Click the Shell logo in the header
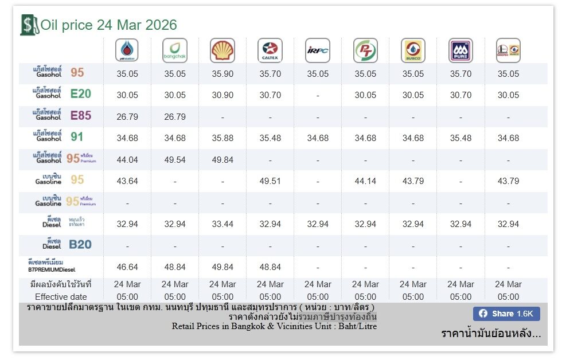pyautogui.click(x=223, y=50)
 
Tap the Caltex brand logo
pyautogui.click(x=270, y=50)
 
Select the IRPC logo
pyautogui.click(x=318, y=50)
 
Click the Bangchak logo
pyautogui.click(x=175, y=50)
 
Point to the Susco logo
pyautogui.click(x=413, y=50)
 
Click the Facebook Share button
pyautogui.click(x=506, y=314)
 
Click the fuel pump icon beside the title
pyautogui.click(x=28, y=25)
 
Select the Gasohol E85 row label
pyautogui.click(x=62, y=116)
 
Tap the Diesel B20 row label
pyautogui.click(x=62, y=245)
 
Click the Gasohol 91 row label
pyautogui.click(x=62, y=138)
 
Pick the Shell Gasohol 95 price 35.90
pyautogui.click(x=223, y=74)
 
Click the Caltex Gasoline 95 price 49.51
pyautogui.click(x=270, y=181)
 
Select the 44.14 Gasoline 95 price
pyautogui.click(x=365, y=181)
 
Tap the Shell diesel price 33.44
pyautogui.click(x=223, y=224)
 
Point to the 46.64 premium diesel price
pyautogui.click(x=127, y=267)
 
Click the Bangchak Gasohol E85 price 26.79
pyautogui.click(x=175, y=117)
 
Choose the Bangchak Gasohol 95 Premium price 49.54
pyautogui.click(x=175, y=160)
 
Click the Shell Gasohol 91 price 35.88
pyautogui.click(x=223, y=138)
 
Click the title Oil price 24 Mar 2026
pyautogui.click(x=108, y=25)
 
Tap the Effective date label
pyautogui.click(x=61, y=297)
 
